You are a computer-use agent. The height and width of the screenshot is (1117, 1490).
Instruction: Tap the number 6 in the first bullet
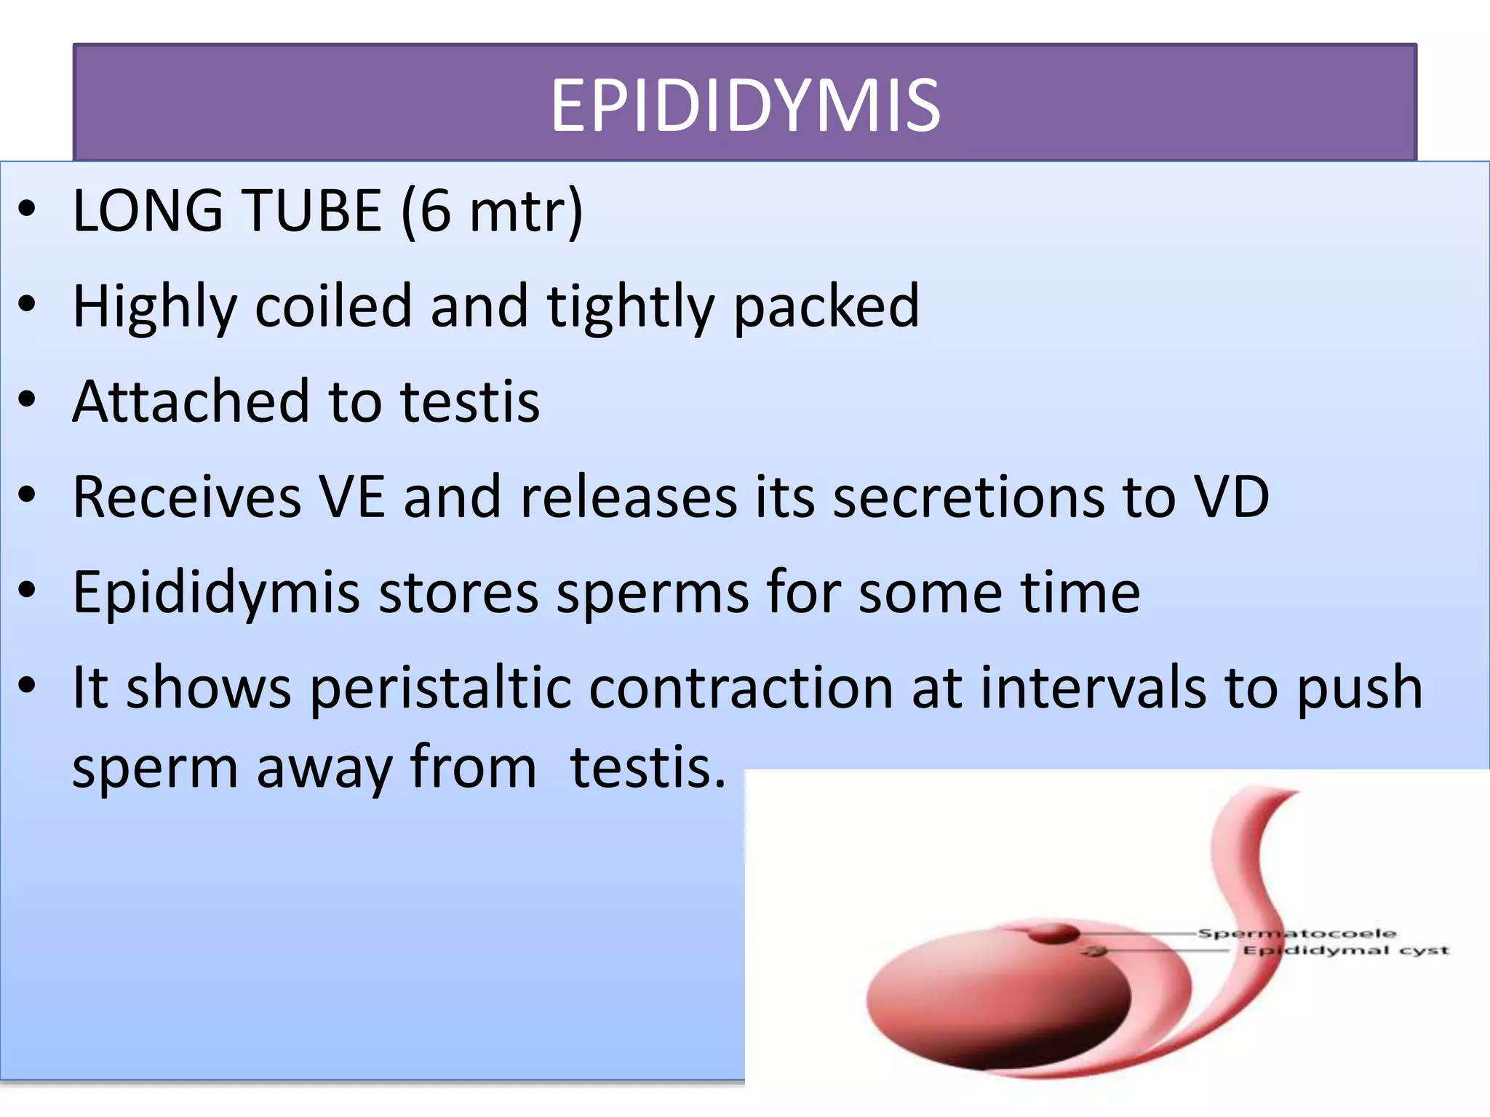[435, 210]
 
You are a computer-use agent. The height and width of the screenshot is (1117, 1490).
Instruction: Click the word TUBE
[312, 210]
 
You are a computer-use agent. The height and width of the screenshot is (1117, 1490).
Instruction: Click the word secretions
[968, 497]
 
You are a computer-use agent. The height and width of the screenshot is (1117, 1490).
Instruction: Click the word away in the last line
[324, 768]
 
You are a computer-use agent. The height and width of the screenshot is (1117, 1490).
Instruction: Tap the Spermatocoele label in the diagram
[1296, 933]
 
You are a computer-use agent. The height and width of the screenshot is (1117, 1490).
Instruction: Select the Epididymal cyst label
[1345, 950]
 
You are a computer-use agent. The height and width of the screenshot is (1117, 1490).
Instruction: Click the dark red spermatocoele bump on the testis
[1053, 933]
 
